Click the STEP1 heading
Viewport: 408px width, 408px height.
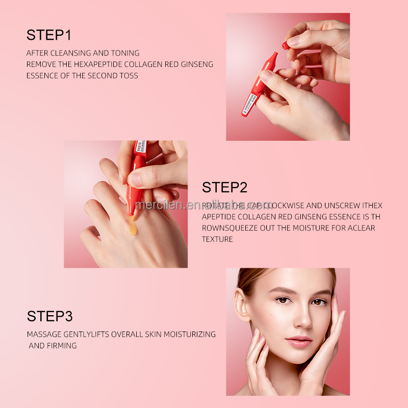click(x=49, y=35)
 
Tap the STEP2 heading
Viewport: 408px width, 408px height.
click(x=224, y=187)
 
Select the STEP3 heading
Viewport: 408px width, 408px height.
click(x=49, y=316)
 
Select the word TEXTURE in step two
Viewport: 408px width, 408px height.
click(x=218, y=239)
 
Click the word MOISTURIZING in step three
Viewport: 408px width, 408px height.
click(x=191, y=335)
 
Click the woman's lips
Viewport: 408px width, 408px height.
click(x=298, y=340)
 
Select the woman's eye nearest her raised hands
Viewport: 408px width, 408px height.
click(x=318, y=301)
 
